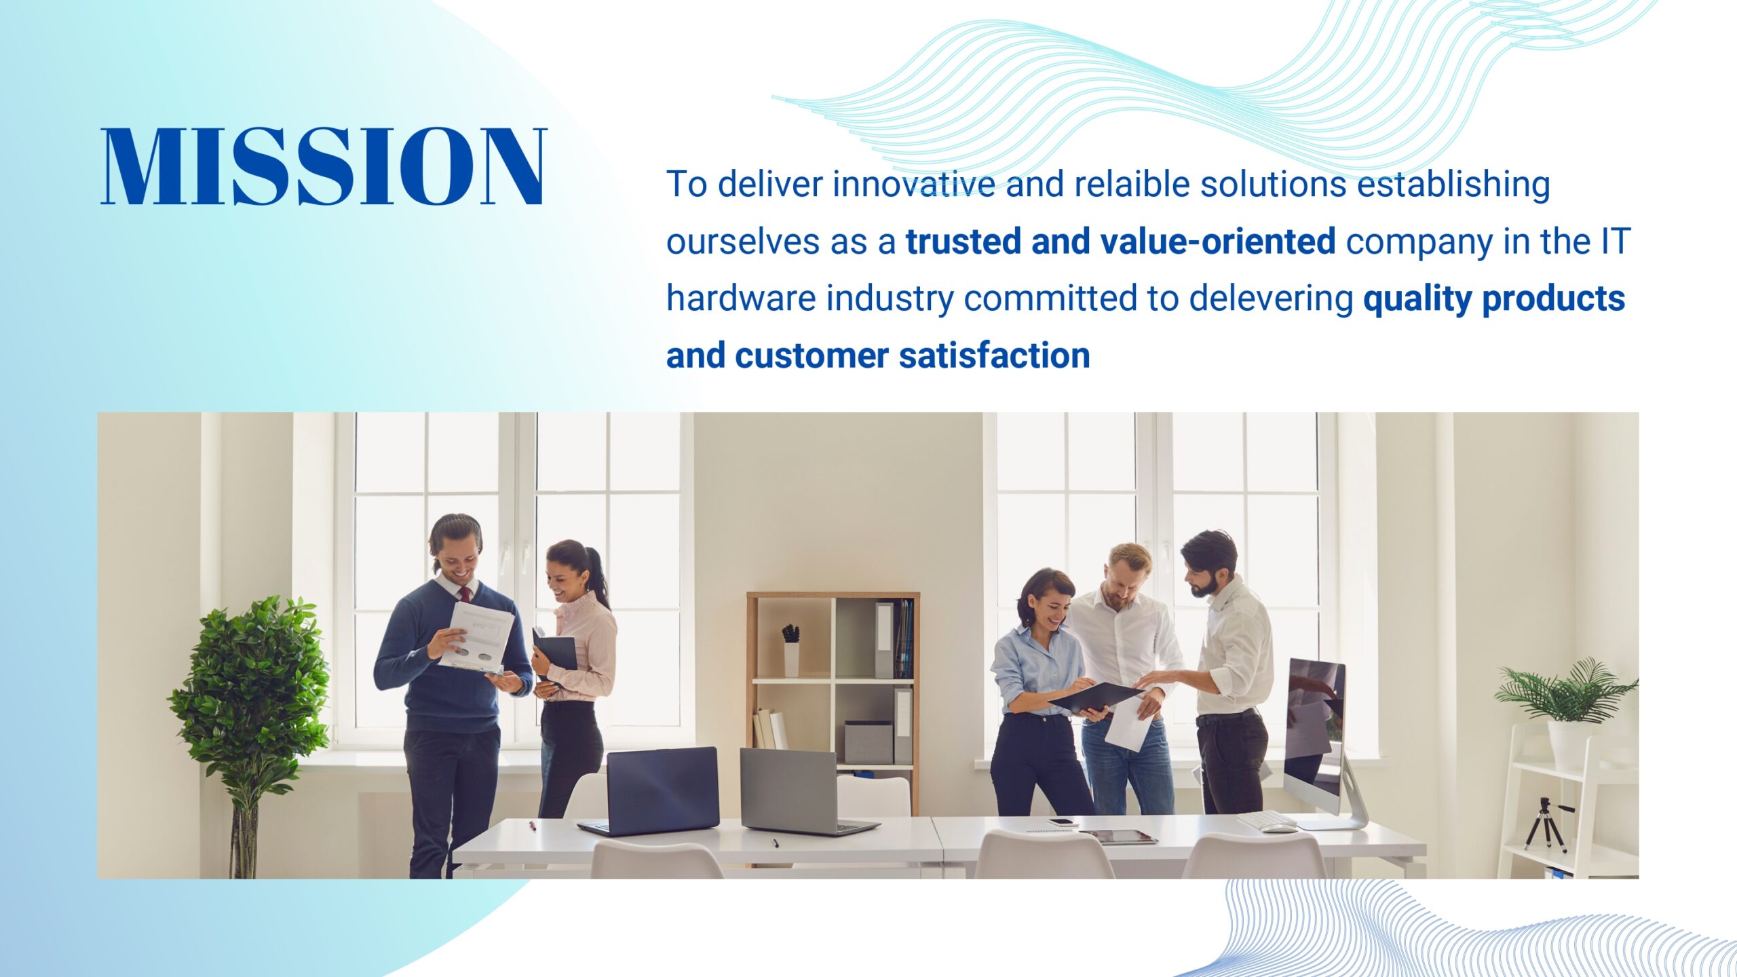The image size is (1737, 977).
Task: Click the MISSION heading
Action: pos(324,166)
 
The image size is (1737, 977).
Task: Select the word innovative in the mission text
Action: pos(913,185)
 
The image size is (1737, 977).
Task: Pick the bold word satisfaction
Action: pos(994,356)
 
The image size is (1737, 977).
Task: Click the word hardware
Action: pos(741,299)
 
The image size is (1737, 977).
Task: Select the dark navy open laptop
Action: pos(650,792)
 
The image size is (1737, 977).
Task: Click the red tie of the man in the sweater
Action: pos(465,595)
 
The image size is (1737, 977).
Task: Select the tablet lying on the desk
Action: pos(1118,837)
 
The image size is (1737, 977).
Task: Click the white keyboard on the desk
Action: pos(1265,820)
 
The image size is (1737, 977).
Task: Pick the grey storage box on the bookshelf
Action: pos(868,742)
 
